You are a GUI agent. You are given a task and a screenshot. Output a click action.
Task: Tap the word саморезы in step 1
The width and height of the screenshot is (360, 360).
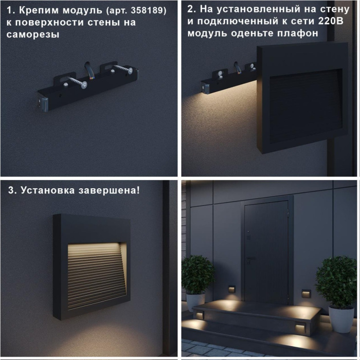click(x=33, y=34)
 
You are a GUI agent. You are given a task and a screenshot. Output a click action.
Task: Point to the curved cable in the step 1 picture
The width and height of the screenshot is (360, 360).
click(x=90, y=71)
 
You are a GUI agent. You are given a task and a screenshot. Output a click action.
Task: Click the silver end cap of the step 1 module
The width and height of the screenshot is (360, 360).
click(x=43, y=104)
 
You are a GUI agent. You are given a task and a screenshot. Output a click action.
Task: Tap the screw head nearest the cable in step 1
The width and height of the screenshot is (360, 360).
click(x=83, y=85)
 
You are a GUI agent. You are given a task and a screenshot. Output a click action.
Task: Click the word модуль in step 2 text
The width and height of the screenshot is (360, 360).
click(x=207, y=33)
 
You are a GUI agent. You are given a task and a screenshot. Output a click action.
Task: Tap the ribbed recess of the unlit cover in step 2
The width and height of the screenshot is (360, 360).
click(x=306, y=106)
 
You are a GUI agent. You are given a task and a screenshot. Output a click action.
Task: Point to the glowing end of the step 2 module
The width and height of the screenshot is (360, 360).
click(x=206, y=89)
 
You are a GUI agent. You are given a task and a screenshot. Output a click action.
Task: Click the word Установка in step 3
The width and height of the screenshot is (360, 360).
click(x=47, y=191)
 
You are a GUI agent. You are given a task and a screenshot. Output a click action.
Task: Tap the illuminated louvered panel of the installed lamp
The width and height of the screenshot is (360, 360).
click(x=97, y=276)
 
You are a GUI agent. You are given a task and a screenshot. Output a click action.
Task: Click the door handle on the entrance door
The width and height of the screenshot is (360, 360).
click(x=250, y=259)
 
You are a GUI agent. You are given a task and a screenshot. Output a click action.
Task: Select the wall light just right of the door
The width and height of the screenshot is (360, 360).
click(x=306, y=294)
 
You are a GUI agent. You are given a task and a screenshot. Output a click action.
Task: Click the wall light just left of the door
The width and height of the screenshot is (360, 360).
click(x=231, y=289)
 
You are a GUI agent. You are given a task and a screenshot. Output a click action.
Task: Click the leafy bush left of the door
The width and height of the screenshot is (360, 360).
click(x=197, y=274)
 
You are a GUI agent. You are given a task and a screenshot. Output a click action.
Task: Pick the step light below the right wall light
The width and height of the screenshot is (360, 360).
click(x=300, y=329)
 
